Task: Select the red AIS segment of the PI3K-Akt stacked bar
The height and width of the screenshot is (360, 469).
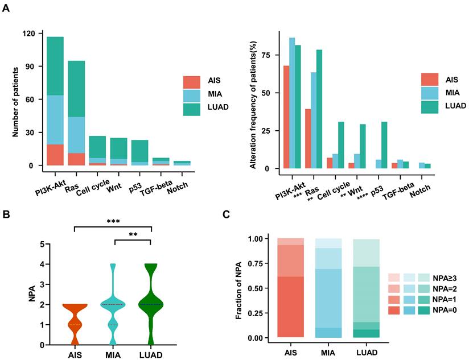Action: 55,155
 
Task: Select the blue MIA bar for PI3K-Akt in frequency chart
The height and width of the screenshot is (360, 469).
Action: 292,103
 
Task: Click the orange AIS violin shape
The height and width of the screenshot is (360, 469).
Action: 75,324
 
